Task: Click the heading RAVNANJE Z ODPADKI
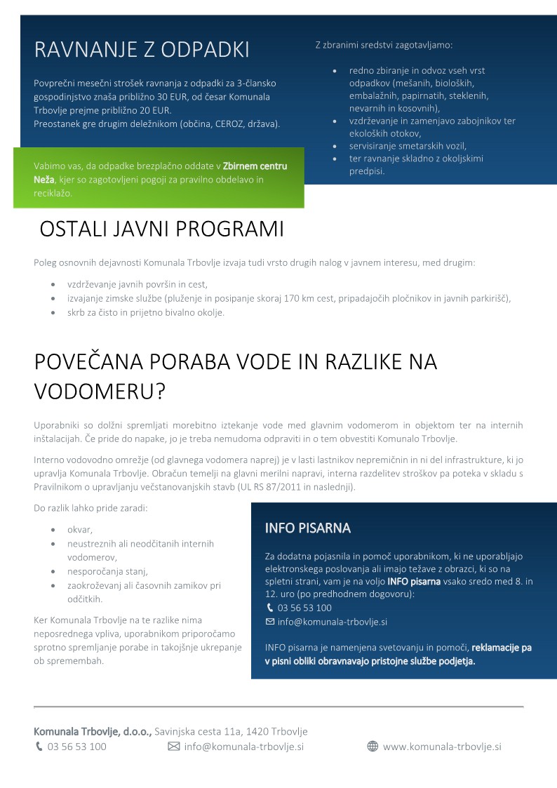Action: tap(142, 50)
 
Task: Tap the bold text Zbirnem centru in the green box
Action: tap(255, 166)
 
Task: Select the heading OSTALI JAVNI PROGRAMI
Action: tap(161, 229)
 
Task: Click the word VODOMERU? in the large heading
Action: tap(100, 392)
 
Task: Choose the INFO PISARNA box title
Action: tap(307, 528)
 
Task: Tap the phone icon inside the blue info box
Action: tap(270, 608)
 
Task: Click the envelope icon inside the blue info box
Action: tap(270, 622)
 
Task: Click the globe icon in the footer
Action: tap(373, 747)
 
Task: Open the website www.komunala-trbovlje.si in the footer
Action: tap(442, 747)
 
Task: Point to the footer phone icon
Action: tap(39, 747)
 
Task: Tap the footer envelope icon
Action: tap(174, 747)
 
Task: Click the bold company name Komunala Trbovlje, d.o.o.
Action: tap(93, 731)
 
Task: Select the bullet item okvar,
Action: tap(80, 529)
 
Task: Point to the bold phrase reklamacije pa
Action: tap(501, 648)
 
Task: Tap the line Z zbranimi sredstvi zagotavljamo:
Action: tap(384, 45)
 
